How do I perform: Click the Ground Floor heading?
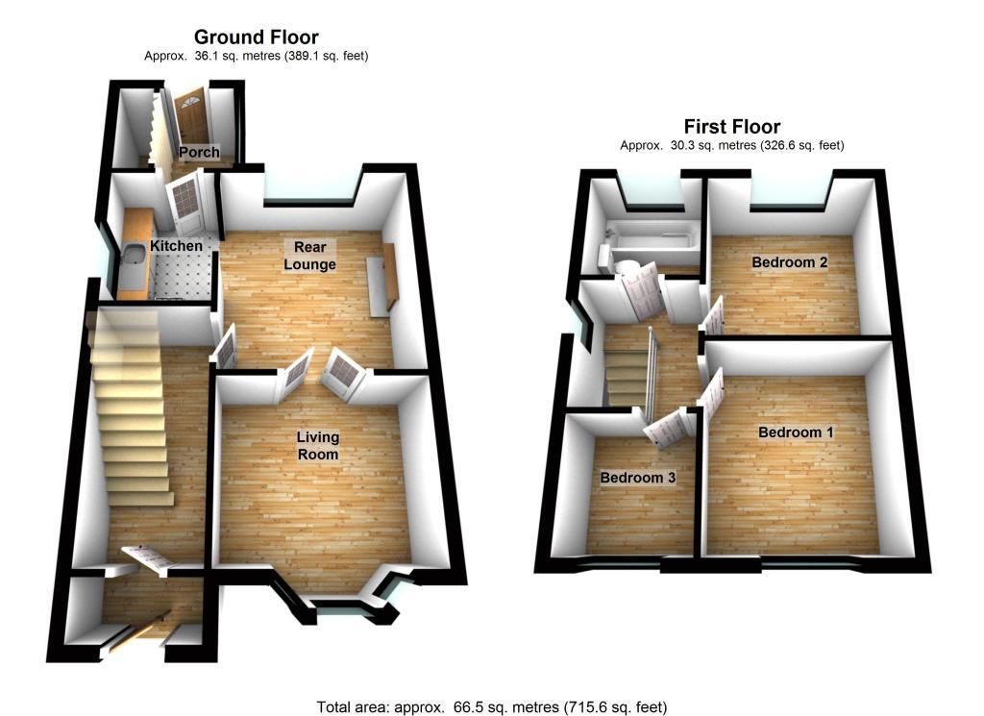click(x=256, y=37)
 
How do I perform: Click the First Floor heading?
click(x=731, y=127)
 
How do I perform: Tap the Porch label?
click(x=199, y=152)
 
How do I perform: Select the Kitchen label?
click(x=176, y=246)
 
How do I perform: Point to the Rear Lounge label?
click(x=309, y=256)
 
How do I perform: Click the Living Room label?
click(x=317, y=445)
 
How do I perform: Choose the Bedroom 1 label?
click(x=796, y=432)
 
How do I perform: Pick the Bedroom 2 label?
click(x=790, y=262)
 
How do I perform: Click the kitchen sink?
click(x=133, y=257)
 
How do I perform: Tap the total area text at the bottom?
click(x=491, y=707)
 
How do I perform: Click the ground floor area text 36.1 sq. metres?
click(x=256, y=57)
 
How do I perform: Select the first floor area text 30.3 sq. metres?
click(x=731, y=146)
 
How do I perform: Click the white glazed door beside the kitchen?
click(x=183, y=198)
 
